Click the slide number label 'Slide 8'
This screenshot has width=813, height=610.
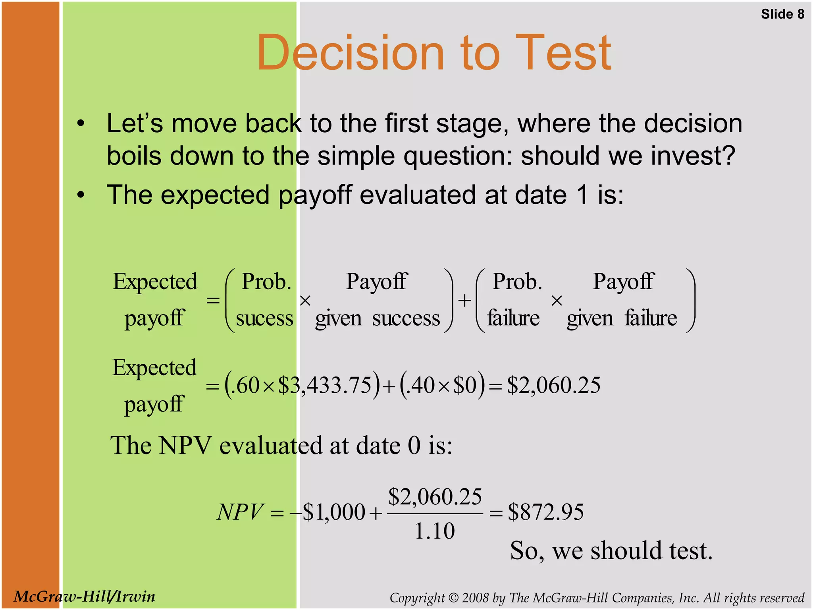[x=782, y=14]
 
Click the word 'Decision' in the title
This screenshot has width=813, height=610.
[x=350, y=53]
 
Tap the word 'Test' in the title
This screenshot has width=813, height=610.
[x=563, y=53]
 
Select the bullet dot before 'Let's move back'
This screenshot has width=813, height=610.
[x=81, y=124]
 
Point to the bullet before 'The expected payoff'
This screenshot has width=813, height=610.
[x=81, y=195]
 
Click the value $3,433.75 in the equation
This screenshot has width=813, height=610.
[x=325, y=385]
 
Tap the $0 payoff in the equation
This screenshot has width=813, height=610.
[x=465, y=385]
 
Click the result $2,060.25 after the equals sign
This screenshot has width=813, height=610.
[x=554, y=385]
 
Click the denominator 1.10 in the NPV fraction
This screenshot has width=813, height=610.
[x=435, y=531]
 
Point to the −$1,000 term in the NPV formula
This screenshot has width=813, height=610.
[x=328, y=512]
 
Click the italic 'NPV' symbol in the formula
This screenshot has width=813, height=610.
[x=240, y=512]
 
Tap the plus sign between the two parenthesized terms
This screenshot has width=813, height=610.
[x=464, y=301]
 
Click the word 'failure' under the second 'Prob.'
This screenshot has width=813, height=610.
[x=513, y=318]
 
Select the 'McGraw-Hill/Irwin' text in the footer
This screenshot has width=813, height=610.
[x=84, y=596]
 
